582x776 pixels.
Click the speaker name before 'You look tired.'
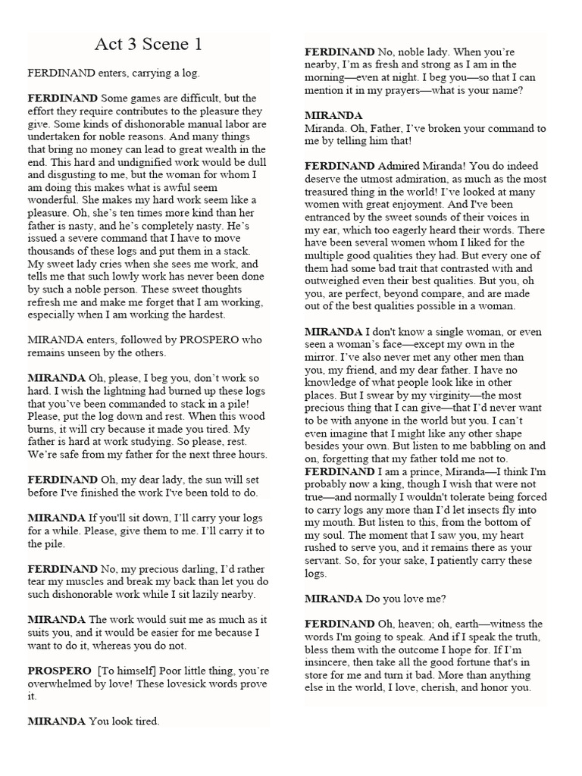(56, 721)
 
